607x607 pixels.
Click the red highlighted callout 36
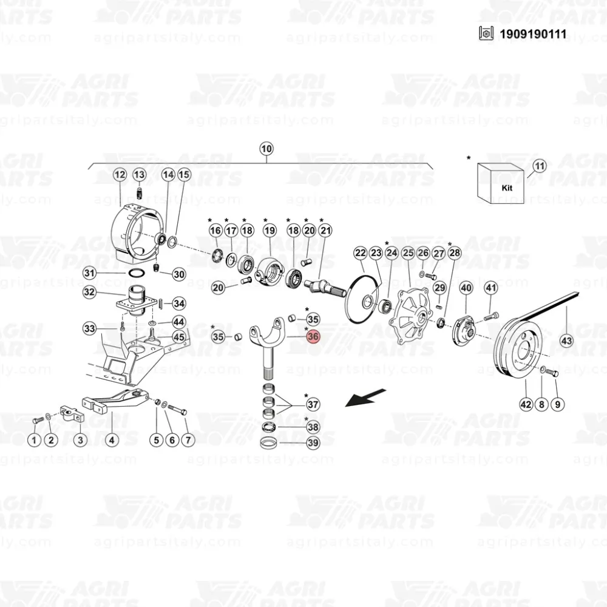pyautogui.click(x=313, y=336)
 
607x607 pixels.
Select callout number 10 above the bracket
pyautogui.click(x=266, y=149)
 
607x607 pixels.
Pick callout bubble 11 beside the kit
pyautogui.click(x=539, y=166)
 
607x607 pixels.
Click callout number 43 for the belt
pyautogui.click(x=566, y=341)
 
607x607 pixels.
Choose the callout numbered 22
pyautogui.click(x=361, y=253)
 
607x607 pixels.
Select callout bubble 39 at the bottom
pyautogui.click(x=313, y=443)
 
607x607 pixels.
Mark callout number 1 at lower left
pyautogui.click(x=35, y=439)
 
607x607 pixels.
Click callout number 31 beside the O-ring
pyautogui.click(x=90, y=273)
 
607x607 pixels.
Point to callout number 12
pyautogui.click(x=120, y=175)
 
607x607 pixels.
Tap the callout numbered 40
pyautogui.click(x=466, y=288)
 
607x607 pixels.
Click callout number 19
pyautogui.click(x=270, y=231)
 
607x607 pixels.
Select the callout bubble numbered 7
pyautogui.click(x=186, y=439)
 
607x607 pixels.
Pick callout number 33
pyautogui.click(x=90, y=329)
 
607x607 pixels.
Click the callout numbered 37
pyautogui.click(x=313, y=404)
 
